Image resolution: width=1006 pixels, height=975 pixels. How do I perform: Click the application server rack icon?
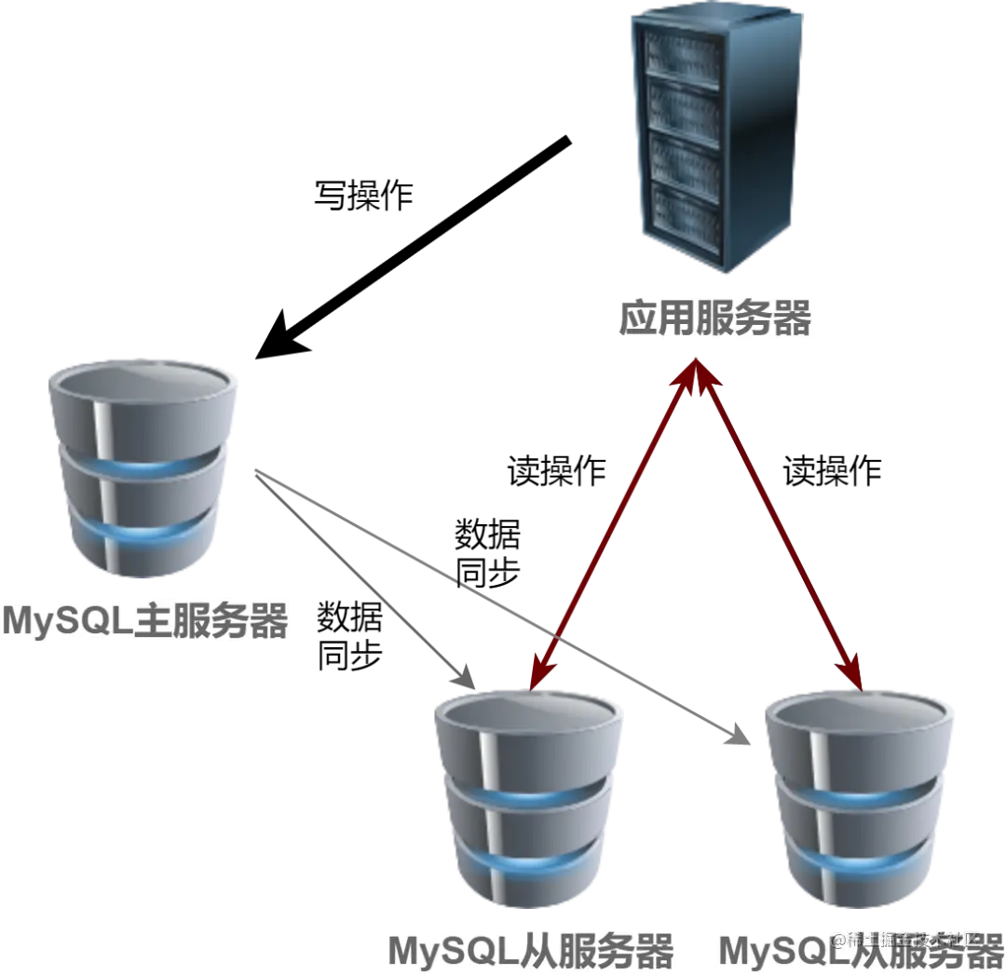[714, 140]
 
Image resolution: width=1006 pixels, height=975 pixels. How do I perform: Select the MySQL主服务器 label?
[144, 621]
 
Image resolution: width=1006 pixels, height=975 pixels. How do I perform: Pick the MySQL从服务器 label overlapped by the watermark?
[859, 952]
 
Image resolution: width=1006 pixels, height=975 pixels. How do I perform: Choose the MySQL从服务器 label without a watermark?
[529, 952]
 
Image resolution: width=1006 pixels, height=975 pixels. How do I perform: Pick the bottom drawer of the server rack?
[686, 212]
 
